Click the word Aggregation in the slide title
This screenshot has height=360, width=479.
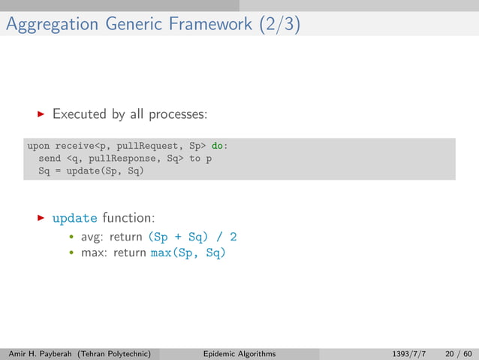(x=50, y=24)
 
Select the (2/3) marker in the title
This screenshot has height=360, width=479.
(x=279, y=24)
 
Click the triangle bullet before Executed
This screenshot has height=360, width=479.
(x=41, y=115)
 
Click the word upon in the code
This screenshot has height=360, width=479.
(x=39, y=146)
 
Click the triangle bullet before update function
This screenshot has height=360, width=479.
(x=41, y=218)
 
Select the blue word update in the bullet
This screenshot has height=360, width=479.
(x=74, y=219)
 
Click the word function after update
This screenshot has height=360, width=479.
(x=128, y=218)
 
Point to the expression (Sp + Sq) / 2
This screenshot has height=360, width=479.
(x=191, y=237)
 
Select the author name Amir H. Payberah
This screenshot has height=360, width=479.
(x=45, y=353)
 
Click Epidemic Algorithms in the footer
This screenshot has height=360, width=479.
(x=239, y=353)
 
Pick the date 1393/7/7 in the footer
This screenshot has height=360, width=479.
(x=410, y=353)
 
